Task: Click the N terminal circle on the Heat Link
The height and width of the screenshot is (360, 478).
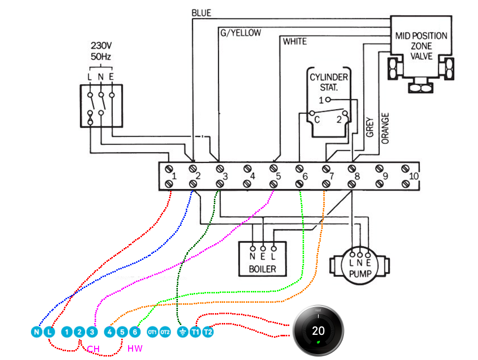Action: point(36,332)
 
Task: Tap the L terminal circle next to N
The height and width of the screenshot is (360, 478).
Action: point(48,332)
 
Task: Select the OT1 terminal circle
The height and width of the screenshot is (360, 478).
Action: point(152,332)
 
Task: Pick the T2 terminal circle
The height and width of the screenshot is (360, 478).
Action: point(208,332)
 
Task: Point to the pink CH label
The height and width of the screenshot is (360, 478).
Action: point(94,349)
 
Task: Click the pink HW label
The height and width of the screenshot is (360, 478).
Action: point(135,349)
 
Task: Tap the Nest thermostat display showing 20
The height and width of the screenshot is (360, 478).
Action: point(318,331)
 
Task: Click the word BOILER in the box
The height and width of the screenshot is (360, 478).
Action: point(262,269)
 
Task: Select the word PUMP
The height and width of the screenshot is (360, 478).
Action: point(360,273)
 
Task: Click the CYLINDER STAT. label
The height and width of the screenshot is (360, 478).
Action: point(329,82)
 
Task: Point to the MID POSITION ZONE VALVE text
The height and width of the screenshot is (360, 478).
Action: point(421,46)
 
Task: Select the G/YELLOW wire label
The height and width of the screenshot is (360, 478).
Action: point(239,33)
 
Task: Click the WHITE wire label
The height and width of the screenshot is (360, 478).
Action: point(295,41)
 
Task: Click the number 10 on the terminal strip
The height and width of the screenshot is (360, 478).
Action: point(413,176)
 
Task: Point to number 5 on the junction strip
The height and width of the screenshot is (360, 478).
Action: point(278,176)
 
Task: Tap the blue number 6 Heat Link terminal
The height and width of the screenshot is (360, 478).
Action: point(135,332)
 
